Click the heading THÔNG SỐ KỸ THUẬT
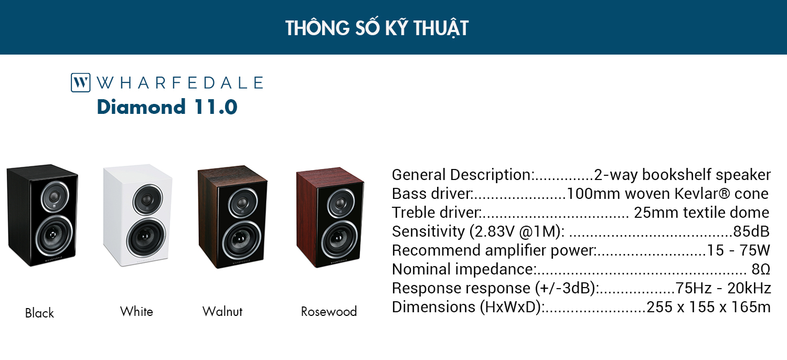377,28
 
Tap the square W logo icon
80,82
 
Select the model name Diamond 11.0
167,107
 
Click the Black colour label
39,313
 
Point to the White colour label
136,312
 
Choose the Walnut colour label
222,312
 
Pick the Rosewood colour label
329,312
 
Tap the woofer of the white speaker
146,236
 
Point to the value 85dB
751,231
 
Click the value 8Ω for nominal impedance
761,269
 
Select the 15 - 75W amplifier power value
738,250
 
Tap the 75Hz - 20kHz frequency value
723,288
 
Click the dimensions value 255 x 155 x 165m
709,308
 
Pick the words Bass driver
431,194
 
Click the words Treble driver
435,213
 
